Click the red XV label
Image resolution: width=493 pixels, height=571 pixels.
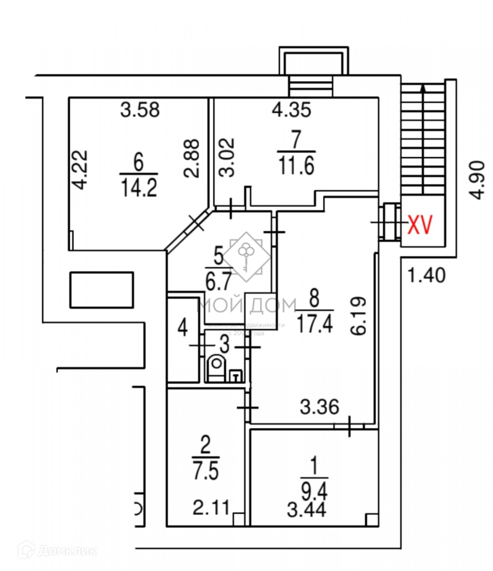point(421,225)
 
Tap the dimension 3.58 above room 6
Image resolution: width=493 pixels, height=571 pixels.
point(140,110)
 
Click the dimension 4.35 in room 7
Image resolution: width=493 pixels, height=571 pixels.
point(291,110)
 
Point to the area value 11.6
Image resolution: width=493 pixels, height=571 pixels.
point(296,167)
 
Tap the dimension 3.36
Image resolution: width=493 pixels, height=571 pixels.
point(319,407)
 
